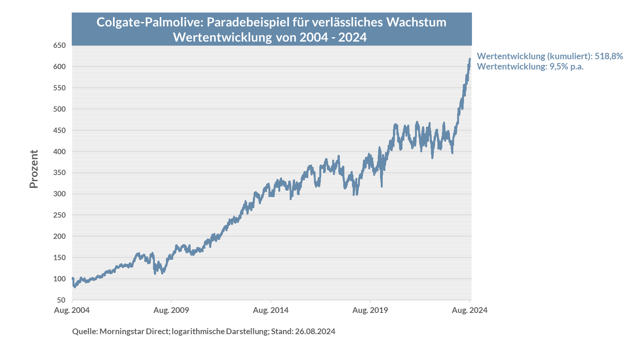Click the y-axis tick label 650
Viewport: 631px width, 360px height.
[59, 46]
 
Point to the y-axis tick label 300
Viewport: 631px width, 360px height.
[59, 194]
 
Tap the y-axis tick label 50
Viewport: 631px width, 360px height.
[62, 300]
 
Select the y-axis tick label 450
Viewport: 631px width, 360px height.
[59, 130]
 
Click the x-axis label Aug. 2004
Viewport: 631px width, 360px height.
[72, 310]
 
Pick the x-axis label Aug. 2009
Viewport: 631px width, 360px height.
[171, 310]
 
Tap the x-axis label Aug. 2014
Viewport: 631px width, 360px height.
[271, 310]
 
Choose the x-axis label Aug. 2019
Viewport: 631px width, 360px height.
[370, 310]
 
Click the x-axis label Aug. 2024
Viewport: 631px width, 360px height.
[470, 310]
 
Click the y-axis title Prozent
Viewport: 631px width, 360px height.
[34, 169]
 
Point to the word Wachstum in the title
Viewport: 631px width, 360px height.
[416, 22]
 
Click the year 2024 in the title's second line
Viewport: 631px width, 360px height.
[352, 37]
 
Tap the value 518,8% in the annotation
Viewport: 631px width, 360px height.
[609, 56]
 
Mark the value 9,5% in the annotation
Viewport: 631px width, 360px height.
[559, 67]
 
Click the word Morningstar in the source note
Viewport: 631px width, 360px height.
[121, 332]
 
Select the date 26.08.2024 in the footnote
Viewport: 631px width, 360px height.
[315, 332]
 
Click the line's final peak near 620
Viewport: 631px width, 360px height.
[470, 59]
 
